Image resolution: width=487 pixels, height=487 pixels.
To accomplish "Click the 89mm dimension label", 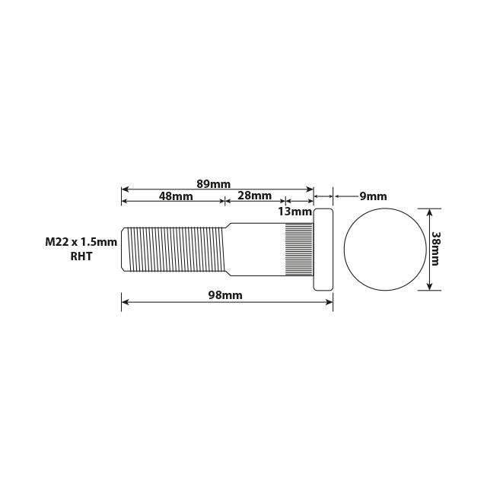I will tap(213, 184).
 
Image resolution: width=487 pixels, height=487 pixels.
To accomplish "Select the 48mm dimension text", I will tap(176, 196).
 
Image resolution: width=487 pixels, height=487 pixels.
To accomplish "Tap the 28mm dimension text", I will tap(254, 196).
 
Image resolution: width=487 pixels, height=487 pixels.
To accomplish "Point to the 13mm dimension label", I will tap(294, 211).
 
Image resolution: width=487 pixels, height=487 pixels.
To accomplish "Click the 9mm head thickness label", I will tap(373, 196).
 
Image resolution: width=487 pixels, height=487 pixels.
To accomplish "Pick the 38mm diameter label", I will tap(436, 249).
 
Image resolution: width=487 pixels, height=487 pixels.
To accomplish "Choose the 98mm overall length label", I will tap(225, 295).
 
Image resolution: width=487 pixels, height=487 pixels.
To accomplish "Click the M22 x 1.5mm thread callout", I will tap(81, 242).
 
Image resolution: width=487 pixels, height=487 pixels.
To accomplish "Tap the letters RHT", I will tap(81, 256).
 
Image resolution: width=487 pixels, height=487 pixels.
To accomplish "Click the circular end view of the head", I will tap(384, 250).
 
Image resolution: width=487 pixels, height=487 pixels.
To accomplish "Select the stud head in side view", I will tap(323, 250).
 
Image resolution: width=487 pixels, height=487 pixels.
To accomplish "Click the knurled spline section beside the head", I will tap(299, 249).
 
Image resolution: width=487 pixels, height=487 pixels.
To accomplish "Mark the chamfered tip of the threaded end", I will tap(125, 249).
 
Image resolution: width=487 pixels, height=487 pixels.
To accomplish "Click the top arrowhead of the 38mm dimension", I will tap(430, 212).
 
